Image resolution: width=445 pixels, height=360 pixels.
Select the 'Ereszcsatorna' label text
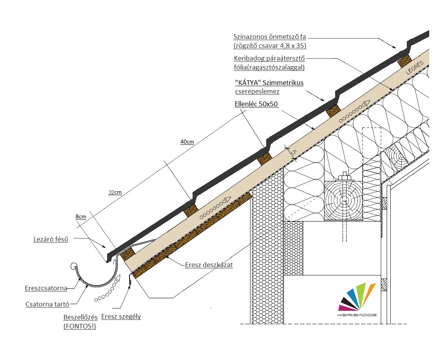coord(46,288)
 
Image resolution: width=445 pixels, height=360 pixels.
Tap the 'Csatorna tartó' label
coord(47,304)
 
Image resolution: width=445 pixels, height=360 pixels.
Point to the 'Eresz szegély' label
coord(121,316)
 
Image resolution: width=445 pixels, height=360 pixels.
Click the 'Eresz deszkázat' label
coord(209,265)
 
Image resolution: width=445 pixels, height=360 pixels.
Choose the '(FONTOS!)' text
coord(80,326)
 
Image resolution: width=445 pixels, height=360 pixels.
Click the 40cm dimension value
coord(187,142)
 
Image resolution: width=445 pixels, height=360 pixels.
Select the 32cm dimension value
coord(115,192)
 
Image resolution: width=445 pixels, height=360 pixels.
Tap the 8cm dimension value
coord(81,216)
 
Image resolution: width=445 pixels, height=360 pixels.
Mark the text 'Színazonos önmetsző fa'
coord(269,37)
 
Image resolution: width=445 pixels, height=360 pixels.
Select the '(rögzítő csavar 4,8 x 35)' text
coord(270,46)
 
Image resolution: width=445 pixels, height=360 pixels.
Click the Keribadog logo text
coord(357,315)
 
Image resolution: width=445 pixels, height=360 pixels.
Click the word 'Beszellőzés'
coord(80,317)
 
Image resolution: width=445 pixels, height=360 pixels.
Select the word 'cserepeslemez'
coord(257,91)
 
